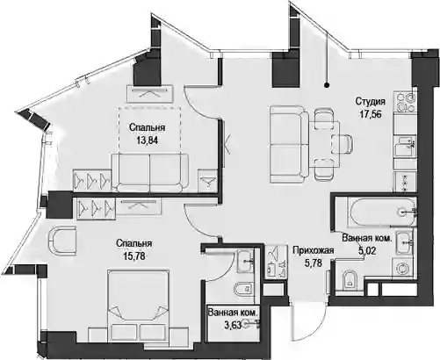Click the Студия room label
371,102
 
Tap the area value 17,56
371,114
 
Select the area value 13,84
147,140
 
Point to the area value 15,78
133,256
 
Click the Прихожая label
314,250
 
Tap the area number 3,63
233,325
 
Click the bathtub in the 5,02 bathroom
382,212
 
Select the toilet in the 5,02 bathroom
350,280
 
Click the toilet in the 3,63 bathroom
244,289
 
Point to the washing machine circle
403,268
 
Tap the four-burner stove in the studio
405,102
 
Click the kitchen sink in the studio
405,147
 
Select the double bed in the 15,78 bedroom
138,306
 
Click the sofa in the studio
289,145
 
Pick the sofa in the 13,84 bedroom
150,172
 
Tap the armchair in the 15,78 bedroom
61,240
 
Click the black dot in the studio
328,85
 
